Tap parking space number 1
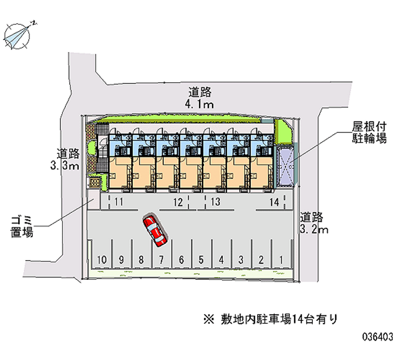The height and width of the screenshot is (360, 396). (x=281, y=259)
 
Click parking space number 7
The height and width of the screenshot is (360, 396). (x=161, y=259)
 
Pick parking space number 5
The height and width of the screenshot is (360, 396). (x=201, y=259)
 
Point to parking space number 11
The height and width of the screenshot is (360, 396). (x=119, y=202)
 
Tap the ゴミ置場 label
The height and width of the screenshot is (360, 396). (x=22, y=226)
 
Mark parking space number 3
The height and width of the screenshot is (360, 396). (x=241, y=259)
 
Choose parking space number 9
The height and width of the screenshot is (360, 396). (x=122, y=259)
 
